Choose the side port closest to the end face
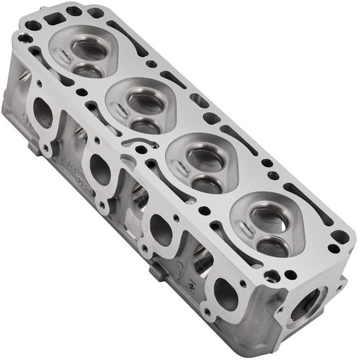tap(225, 294)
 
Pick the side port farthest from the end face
tap(43, 113)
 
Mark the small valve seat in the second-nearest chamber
tap(206, 183)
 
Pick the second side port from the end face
tap(161, 228)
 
